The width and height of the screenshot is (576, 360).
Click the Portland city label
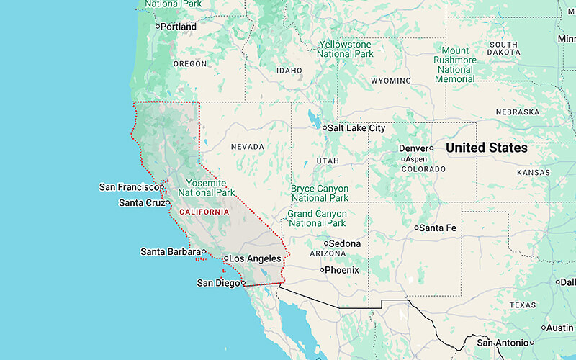179,27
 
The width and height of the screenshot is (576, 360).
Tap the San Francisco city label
127,187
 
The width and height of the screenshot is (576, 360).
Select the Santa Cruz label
141,203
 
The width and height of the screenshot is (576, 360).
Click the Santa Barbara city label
170,252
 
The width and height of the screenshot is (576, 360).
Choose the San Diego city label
218,283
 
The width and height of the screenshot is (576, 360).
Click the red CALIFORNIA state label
204,212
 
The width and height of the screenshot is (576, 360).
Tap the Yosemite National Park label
206,188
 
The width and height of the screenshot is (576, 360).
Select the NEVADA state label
248,147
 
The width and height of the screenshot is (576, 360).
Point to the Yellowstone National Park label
346,49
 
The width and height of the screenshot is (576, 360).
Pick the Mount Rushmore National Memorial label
455,65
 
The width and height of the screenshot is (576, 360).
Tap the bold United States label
486,148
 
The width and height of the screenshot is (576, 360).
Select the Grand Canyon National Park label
317,218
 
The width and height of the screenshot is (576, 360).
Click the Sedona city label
344,243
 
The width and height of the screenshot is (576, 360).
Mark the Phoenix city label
342,270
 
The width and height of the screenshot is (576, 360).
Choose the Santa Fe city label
439,228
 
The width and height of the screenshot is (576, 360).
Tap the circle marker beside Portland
158,27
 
